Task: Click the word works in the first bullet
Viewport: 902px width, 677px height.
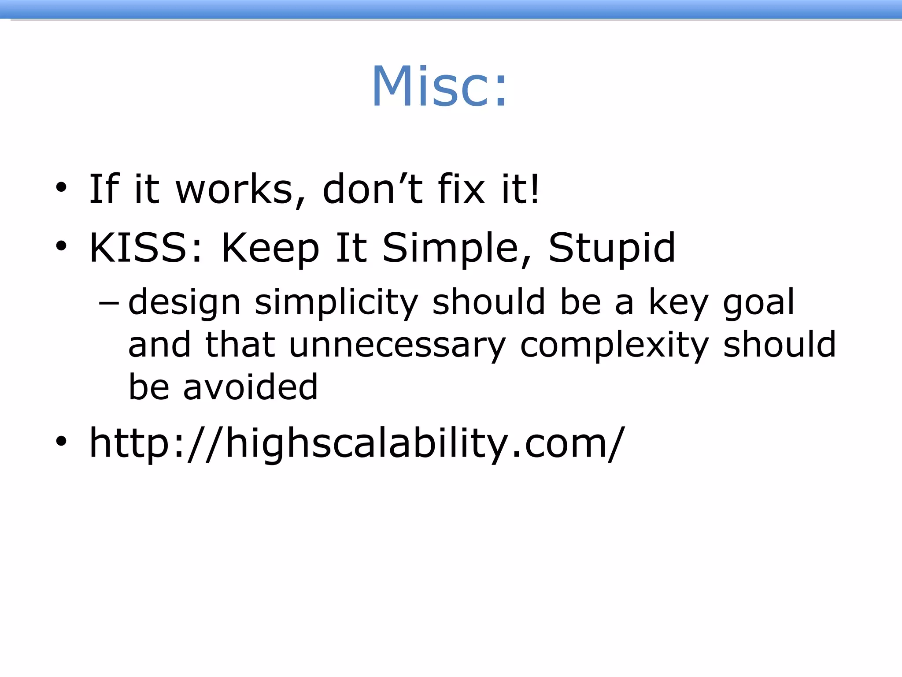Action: click(x=234, y=190)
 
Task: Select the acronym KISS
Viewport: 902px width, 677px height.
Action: click(x=145, y=248)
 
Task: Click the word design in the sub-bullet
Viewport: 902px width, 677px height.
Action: click(x=184, y=303)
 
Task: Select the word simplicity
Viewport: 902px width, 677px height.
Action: click(x=336, y=303)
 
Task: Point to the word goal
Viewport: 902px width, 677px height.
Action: click(x=758, y=303)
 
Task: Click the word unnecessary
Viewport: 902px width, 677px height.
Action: click(x=397, y=346)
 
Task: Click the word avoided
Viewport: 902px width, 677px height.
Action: click(x=250, y=387)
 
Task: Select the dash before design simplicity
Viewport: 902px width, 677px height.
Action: click(x=109, y=303)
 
